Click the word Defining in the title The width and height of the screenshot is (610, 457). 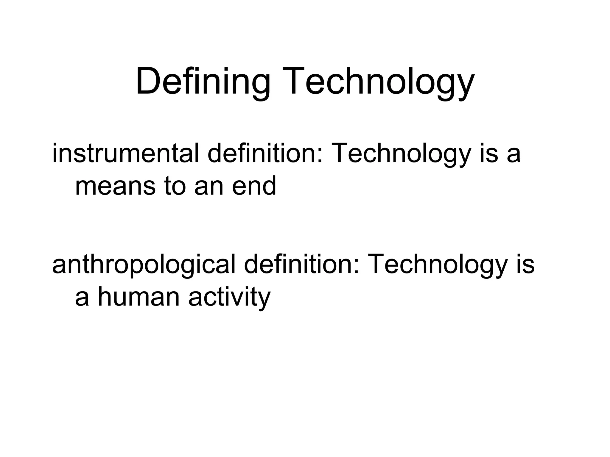pos(203,82)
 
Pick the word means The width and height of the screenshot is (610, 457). pos(115,186)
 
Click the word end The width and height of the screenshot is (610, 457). pos(254,186)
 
